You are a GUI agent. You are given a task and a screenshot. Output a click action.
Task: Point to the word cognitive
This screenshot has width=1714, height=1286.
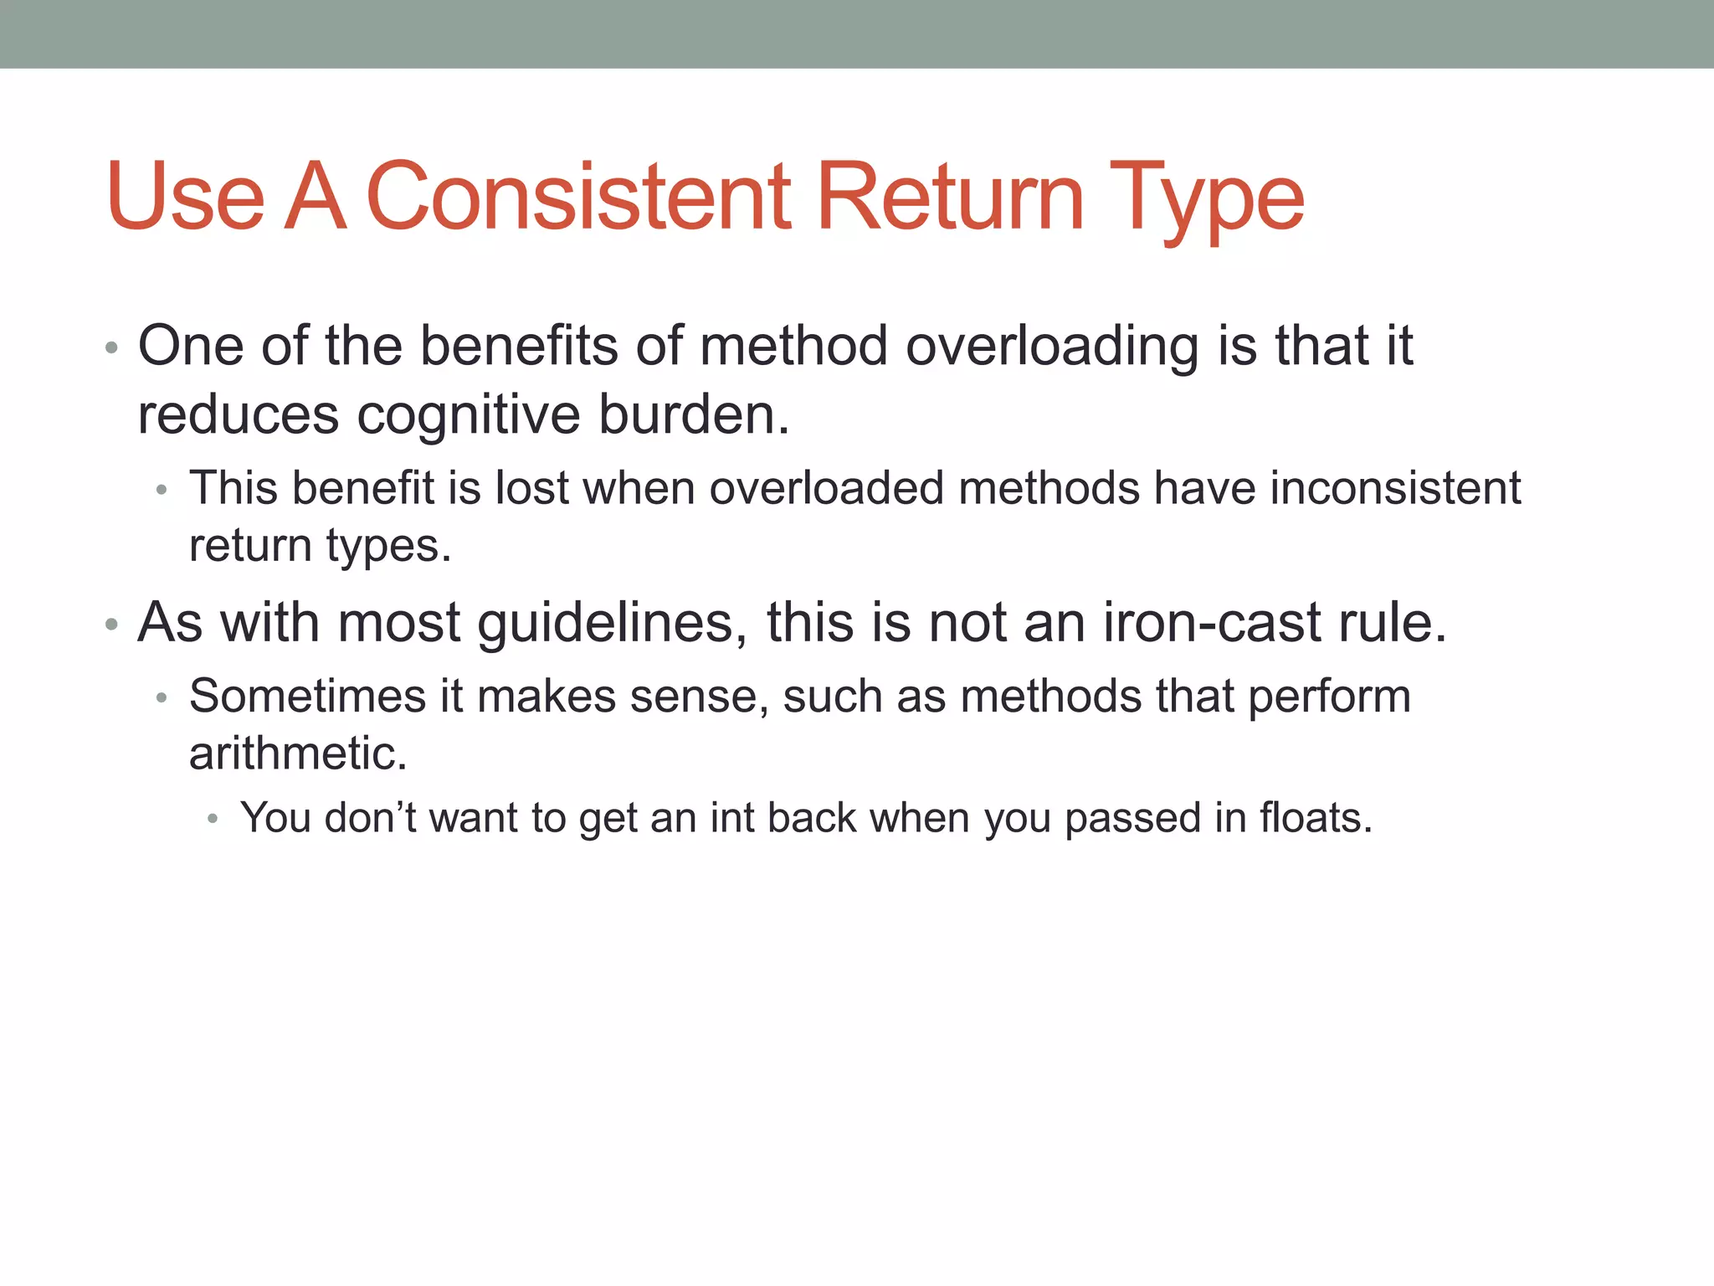coord(469,416)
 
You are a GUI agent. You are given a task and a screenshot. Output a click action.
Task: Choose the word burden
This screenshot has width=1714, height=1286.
coord(694,414)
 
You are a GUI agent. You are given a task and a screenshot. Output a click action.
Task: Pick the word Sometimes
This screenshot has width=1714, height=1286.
coord(307,697)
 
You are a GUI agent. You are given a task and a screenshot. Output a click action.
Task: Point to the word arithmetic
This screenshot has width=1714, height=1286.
coord(298,754)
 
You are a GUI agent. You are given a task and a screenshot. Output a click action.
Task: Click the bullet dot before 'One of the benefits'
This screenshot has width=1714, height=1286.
coord(111,347)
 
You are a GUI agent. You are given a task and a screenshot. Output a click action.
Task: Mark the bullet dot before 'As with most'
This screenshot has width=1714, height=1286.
coord(111,625)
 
